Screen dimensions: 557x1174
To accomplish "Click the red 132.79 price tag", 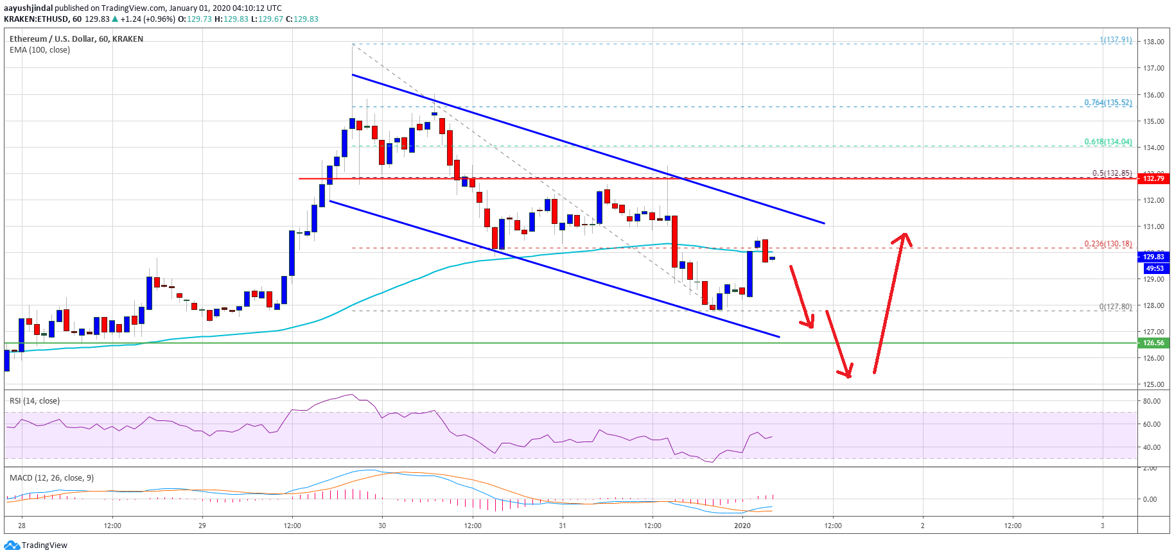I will point(1153,178).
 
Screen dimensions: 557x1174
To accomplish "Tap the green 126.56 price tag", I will point(1153,343).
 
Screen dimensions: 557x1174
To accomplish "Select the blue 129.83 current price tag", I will point(1153,257).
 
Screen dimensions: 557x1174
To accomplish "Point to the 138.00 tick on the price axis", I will point(1153,42).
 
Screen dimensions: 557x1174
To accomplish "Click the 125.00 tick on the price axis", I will point(1153,384).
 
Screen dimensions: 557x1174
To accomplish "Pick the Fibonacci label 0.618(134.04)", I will point(1108,142).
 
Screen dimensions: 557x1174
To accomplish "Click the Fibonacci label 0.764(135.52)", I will point(1108,103).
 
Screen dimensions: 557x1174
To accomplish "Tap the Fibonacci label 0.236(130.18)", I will point(1108,244).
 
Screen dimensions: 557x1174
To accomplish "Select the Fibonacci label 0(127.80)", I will point(1115,307).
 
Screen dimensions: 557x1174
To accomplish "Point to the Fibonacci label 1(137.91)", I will point(1116,40).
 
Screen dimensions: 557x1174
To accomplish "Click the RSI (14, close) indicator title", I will point(35,401).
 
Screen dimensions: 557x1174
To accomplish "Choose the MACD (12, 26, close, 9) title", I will point(51,478).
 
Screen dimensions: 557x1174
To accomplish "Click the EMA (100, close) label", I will point(40,50).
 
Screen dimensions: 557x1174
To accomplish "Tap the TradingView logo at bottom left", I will point(36,545).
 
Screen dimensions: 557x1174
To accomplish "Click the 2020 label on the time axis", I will point(742,526).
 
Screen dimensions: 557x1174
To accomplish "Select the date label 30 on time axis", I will point(382,526).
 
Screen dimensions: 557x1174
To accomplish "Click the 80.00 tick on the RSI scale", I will point(1152,401).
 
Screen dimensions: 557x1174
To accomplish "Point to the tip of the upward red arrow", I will point(905,233).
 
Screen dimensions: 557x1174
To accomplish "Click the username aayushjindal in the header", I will point(28,8).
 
